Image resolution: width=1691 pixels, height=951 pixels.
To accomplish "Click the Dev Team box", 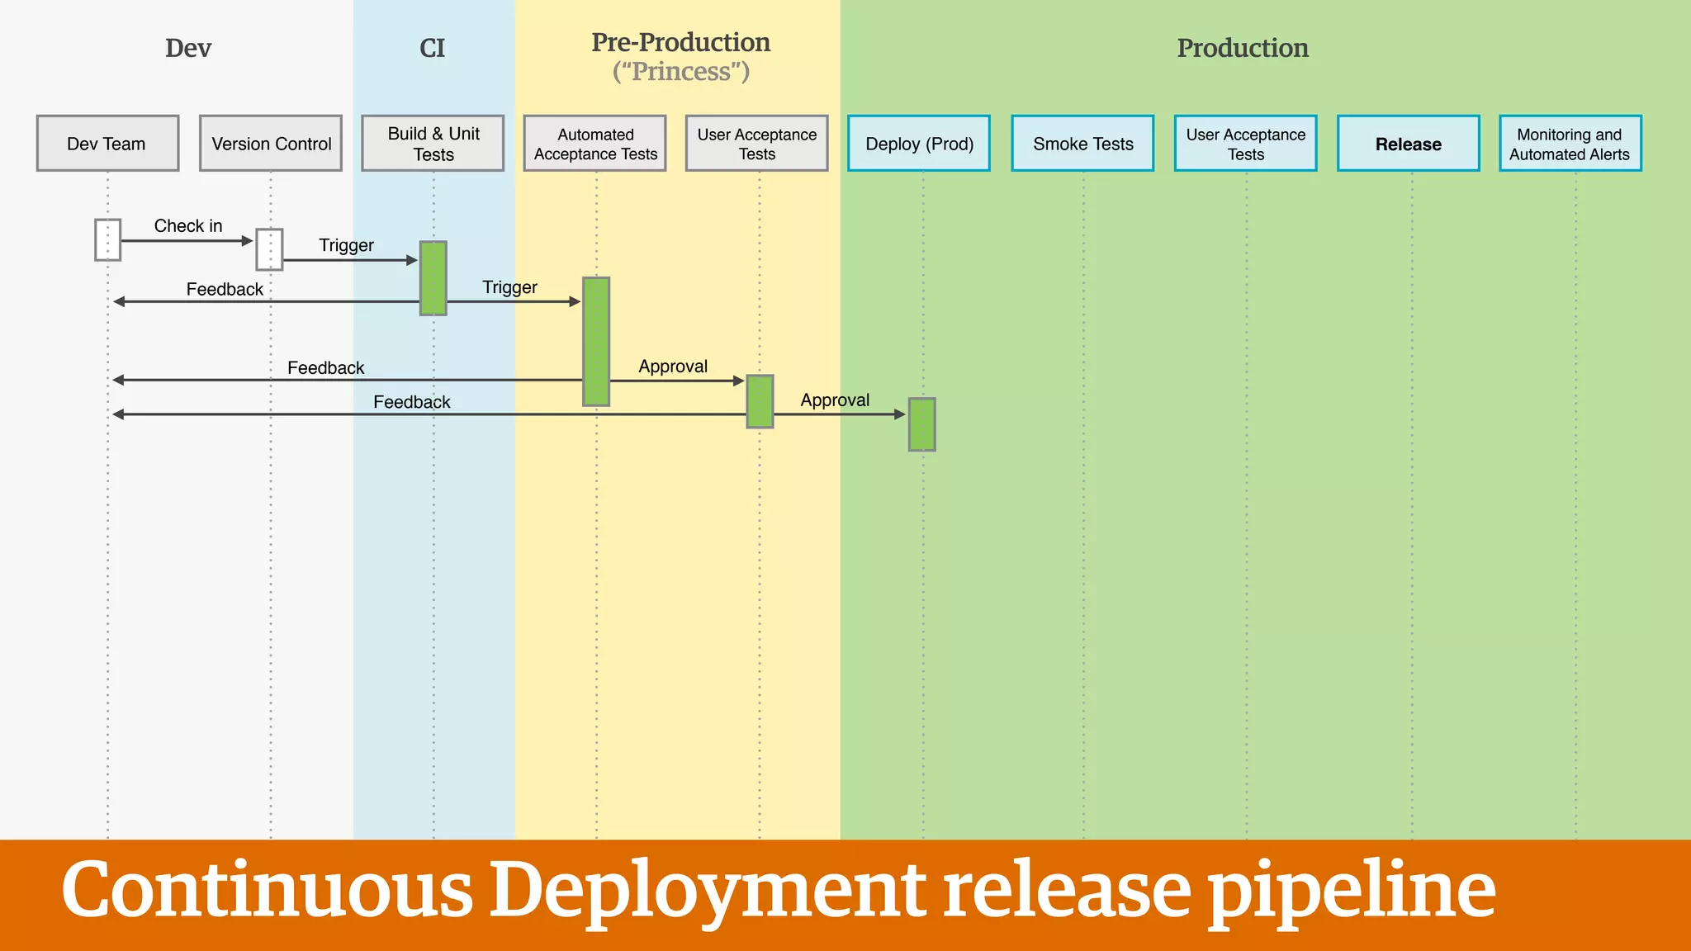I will pyautogui.click(x=107, y=144).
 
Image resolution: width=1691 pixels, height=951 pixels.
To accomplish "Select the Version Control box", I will pyautogui.click(x=271, y=144).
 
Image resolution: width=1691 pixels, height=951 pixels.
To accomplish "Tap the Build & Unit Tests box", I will pyautogui.click(x=433, y=144).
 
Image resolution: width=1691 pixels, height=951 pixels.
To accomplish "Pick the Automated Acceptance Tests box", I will pyautogui.click(x=595, y=144).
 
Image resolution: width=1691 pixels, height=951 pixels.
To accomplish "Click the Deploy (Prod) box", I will pyautogui.click(x=919, y=144).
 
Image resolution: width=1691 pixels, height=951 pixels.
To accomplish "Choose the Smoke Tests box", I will pyautogui.click(x=1082, y=144).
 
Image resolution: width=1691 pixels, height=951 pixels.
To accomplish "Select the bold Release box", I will pyautogui.click(x=1409, y=144).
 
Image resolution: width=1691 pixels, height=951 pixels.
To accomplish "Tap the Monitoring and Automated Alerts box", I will pyautogui.click(x=1570, y=144).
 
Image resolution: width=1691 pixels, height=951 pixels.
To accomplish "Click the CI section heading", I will pyautogui.click(x=432, y=48).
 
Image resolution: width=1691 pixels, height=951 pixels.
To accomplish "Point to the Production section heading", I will pyautogui.click(x=1243, y=48).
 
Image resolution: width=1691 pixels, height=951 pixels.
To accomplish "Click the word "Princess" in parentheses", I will pyautogui.click(x=681, y=72).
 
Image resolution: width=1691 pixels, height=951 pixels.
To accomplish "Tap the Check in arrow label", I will pyautogui.click(x=188, y=225).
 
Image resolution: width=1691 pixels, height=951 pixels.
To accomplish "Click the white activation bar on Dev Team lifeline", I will pyautogui.click(x=107, y=239).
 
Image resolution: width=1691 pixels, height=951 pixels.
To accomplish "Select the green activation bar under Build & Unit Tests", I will pyautogui.click(x=433, y=278).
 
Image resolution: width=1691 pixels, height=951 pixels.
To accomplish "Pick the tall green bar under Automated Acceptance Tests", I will pyautogui.click(x=596, y=341).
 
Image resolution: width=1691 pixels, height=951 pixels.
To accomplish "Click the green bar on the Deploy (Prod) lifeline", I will pyautogui.click(x=922, y=424).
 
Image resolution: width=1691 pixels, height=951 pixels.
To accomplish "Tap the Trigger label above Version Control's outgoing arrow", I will pyautogui.click(x=346, y=245).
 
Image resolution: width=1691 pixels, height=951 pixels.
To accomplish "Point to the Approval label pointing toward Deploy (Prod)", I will pyautogui.click(x=835, y=400).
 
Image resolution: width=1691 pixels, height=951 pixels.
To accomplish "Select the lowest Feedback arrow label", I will pyautogui.click(x=411, y=402).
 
